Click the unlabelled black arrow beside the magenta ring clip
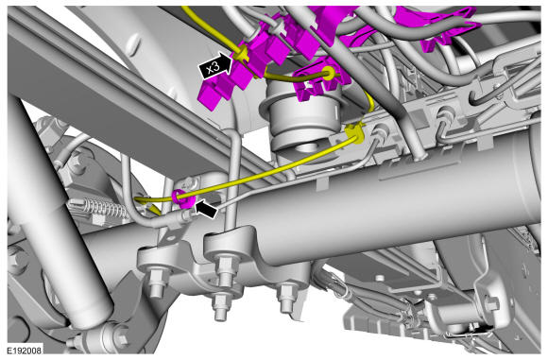(206, 210)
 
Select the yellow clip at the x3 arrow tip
(241, 55)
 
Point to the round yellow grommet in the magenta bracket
(329, 74)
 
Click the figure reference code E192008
(25, 350)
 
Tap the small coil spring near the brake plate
(99, 209)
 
